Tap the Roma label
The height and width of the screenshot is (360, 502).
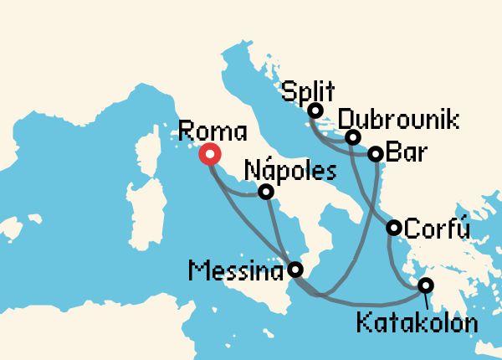point(213,131)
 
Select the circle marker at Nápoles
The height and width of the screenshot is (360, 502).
point(265,193)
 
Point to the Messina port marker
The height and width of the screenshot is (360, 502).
point(295,270)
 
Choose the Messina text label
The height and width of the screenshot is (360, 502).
point(234,270)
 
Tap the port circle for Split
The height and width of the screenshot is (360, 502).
point(315,111)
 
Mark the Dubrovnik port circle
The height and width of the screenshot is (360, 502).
point(353,136)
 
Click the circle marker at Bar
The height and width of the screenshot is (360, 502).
point(376,154)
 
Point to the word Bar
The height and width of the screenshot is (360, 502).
point(404,154)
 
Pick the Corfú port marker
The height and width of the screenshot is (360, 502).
point(393,227)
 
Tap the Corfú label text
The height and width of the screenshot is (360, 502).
point(437,227)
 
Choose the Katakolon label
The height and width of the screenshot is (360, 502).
point(418,321)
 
